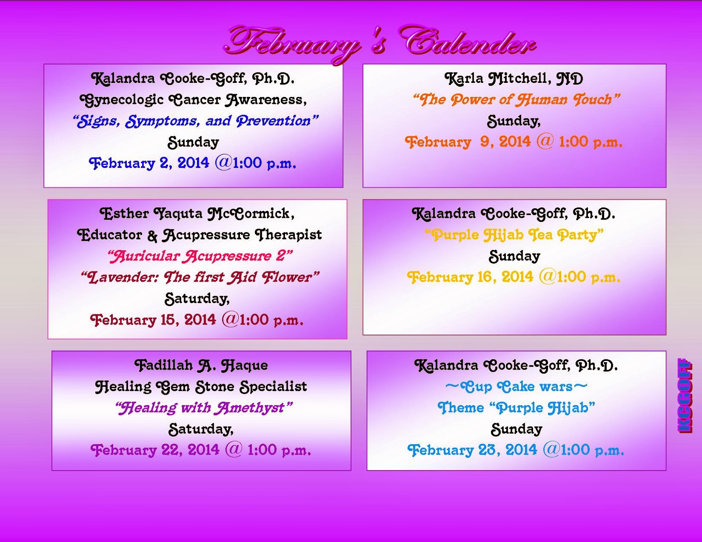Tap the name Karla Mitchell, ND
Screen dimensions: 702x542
click(514, 78)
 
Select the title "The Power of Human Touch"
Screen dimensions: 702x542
click(516, 100)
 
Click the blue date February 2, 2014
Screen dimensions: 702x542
click(149, 163)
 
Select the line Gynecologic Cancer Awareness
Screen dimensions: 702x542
click(193, 100)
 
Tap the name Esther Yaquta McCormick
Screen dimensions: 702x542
click(197, 214)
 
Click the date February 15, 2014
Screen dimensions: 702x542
click(153, 320)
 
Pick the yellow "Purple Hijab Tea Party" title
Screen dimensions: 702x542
click(514, 235)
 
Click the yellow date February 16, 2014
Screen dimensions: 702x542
click(470, 277)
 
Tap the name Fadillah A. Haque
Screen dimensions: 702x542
click(201, 365)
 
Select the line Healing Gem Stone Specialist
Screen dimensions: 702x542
click(201, 387)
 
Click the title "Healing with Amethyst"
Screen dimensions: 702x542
click(204, 408)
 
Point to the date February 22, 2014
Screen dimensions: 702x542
click(155, 450)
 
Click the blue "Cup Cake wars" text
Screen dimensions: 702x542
click(516, 386)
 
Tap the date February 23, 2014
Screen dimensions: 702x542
click(472, 450)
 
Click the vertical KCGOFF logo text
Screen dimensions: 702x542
click(684, 396)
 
